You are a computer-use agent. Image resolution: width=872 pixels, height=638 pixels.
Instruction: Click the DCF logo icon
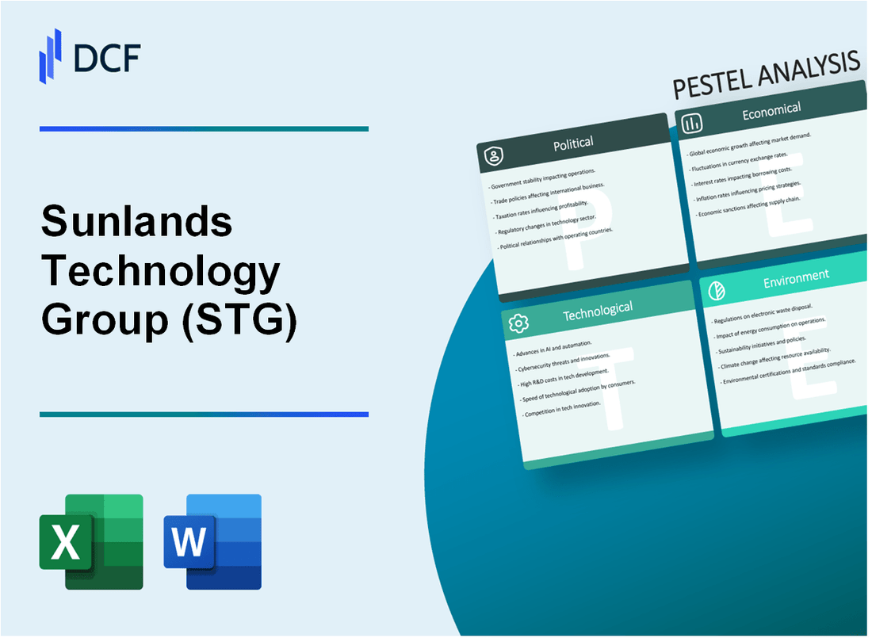pos(50,55)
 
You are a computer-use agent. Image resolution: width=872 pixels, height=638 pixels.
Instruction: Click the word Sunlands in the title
pos(136,223)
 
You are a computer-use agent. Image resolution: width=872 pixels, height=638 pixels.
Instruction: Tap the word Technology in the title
pos(161,273)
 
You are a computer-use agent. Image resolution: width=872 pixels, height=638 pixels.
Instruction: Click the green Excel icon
pos(91,542)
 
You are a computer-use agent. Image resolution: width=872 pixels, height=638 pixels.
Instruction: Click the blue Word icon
pos(212,542)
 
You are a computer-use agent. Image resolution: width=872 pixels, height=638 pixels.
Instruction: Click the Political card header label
pos(574,143)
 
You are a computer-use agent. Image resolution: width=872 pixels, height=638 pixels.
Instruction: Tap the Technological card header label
pos(597,311)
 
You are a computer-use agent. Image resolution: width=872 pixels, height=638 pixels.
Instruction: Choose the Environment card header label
pos(796,276)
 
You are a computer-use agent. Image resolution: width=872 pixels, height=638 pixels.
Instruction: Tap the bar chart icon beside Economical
pos(692,123)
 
